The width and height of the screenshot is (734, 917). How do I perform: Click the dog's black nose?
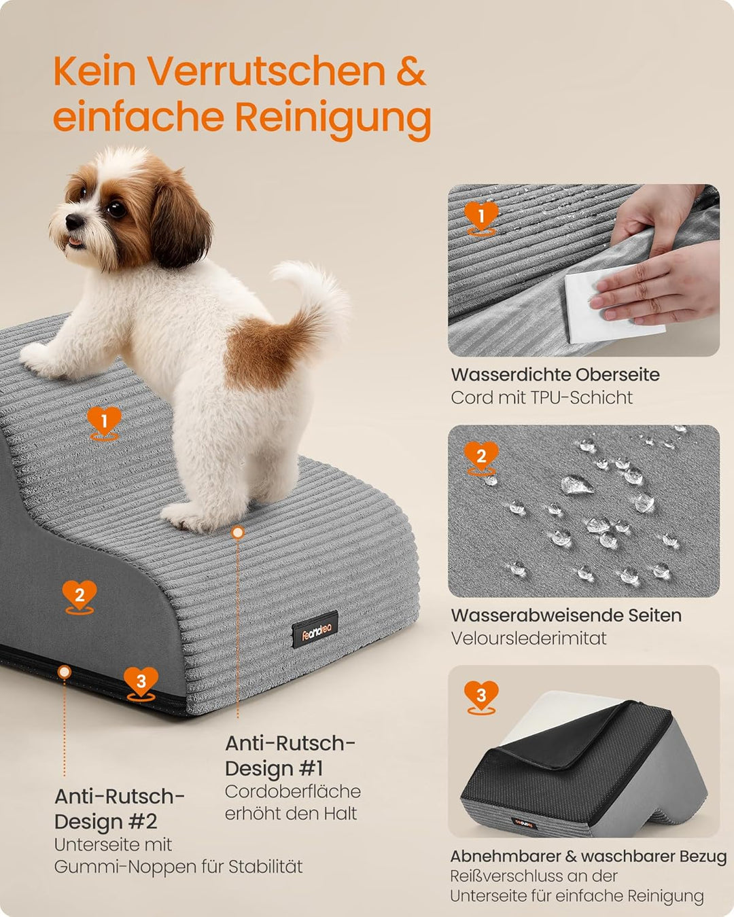tap(75, 221)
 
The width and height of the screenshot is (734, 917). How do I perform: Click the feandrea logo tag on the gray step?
tap(315, 630)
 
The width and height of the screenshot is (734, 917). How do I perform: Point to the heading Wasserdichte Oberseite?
tap(555, 374)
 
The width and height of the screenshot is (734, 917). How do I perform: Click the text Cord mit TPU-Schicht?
tap(542, 397)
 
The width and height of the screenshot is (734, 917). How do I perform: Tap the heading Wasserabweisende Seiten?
tap(566, 615)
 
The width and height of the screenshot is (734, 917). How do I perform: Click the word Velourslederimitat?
tap(529, 639)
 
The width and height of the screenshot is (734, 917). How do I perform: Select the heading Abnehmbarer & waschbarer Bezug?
tap(589, 856)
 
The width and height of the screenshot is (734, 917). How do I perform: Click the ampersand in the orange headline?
tap(411, 71)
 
